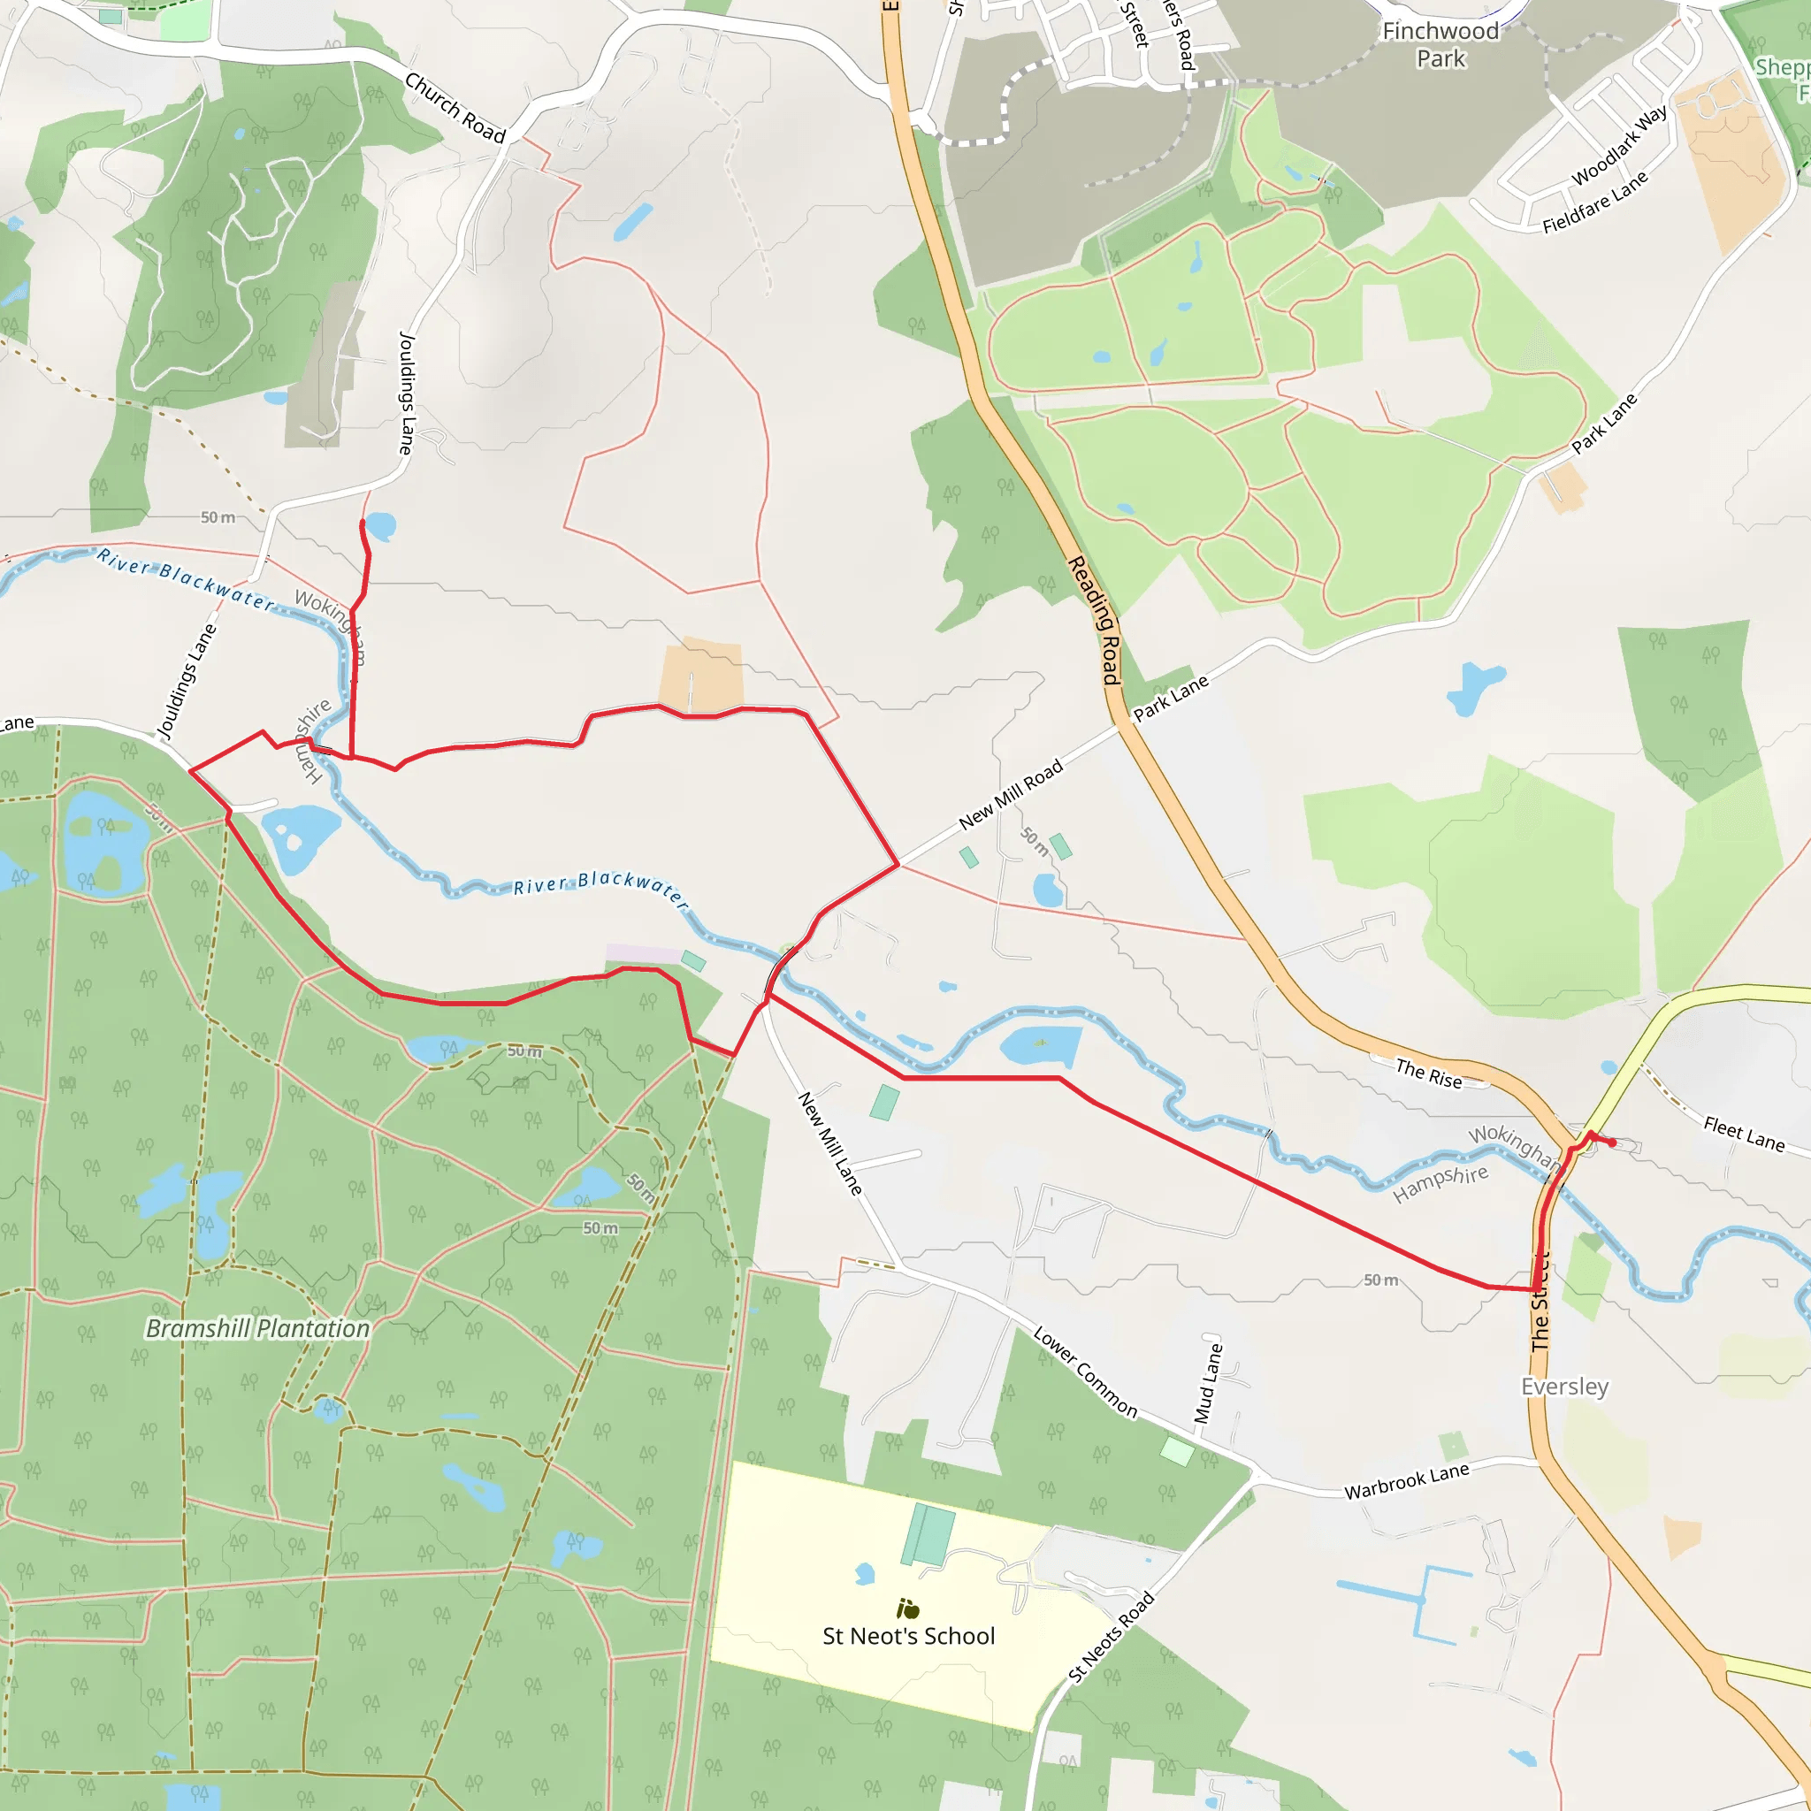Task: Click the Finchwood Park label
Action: click(1440, 45)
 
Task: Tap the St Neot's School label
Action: click(908, 1636)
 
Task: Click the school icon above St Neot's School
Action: click(907, 1609)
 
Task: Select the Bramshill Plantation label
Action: click(258, 1328)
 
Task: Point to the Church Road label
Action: click(455, 108)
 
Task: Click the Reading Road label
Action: click(1094, 620)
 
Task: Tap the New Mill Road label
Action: click(1011, 794)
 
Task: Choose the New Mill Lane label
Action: click(829, 1142)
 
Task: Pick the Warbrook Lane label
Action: click(1406, 1481)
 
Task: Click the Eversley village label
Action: click(1564, 1387)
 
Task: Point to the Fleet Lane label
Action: click(1744, 1134)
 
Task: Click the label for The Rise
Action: click(1429, 1074)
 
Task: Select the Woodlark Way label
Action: click(1620, 145)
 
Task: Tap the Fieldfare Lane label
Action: click(1594, 202)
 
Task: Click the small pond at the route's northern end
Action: click(380, 525)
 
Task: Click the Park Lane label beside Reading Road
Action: click(1171, 699)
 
